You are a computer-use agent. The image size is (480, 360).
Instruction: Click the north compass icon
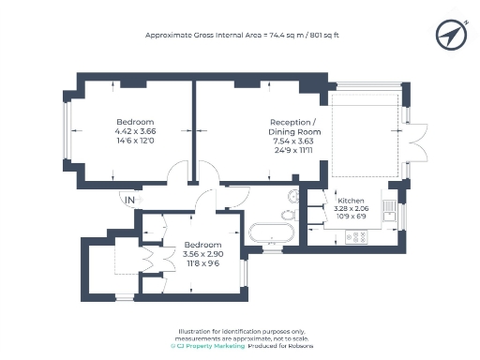[451, 35]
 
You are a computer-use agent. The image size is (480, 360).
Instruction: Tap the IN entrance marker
[130, 200]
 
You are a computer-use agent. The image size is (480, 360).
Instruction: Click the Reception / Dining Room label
[292, 127]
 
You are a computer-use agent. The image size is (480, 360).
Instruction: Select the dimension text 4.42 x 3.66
[136, 131]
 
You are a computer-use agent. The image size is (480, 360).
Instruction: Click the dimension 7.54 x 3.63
[292, 141]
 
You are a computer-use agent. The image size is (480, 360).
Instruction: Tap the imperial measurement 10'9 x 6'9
[351, 217]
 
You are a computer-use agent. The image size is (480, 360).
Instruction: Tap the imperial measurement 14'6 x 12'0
[136, 141]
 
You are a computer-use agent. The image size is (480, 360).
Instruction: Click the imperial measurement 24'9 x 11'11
[292, 150]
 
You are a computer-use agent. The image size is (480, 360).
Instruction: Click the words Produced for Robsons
[282, 346]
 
